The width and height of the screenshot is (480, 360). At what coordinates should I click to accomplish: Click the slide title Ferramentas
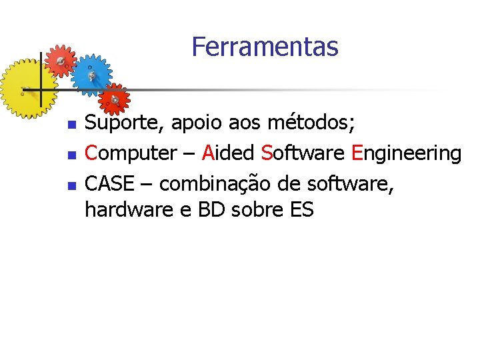[x=265, y=47]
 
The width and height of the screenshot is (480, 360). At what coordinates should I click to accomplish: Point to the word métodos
[x=311, y=123]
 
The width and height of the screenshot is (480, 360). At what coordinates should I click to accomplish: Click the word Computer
[x=130, y=153]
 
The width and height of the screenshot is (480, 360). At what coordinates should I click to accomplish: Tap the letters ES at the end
[x=302, y=209]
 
